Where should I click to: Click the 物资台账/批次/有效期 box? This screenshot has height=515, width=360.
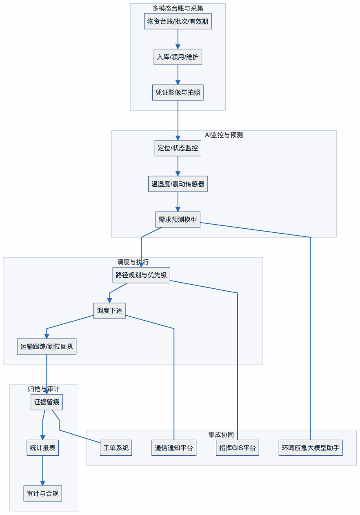[178, 21]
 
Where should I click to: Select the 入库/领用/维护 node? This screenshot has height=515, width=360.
[178, 57]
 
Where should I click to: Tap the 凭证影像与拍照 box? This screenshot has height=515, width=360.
[178, 93]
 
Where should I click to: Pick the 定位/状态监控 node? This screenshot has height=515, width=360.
[178, 148]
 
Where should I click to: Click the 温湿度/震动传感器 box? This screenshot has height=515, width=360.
[178, 184]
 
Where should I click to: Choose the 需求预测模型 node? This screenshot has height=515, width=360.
[178, 219]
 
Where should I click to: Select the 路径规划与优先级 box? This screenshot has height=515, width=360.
[141, 275]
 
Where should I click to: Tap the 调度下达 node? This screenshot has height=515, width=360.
[109, 311]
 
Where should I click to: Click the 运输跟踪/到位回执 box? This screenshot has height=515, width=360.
[47, 346]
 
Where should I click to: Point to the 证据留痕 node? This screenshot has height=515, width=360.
[47, 402]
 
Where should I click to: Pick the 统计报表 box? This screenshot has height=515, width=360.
[42, 448]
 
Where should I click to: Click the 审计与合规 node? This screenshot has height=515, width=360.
[42, 493]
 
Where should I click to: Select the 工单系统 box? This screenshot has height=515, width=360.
[116, 448]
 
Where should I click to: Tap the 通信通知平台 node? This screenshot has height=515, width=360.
[174, 448]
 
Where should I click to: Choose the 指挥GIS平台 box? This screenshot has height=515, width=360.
[238, 448]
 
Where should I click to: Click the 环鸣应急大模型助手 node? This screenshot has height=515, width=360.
[311, 448]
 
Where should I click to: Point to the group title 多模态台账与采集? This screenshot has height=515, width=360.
[178, 8]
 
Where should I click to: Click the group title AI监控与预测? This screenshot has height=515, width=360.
[224, 135]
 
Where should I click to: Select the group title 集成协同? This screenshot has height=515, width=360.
[221, 435]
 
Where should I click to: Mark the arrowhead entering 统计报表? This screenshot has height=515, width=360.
[42, 438]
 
